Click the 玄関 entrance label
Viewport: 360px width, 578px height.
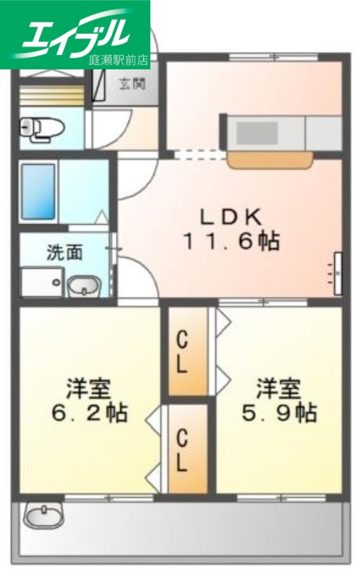(133, 83)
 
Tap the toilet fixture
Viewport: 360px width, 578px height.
(43, 128)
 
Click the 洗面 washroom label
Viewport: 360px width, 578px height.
(64, 253)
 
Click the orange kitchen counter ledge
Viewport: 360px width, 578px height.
(270, 158)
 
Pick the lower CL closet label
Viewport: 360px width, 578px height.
(183, 449)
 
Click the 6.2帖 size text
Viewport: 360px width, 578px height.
(87, 413)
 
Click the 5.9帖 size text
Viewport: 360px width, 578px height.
(277, 413)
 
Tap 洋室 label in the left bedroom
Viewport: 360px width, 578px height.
(87, 387)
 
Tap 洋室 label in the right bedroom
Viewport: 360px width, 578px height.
(277, 387)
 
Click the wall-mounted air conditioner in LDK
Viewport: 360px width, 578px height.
(338, 273)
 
